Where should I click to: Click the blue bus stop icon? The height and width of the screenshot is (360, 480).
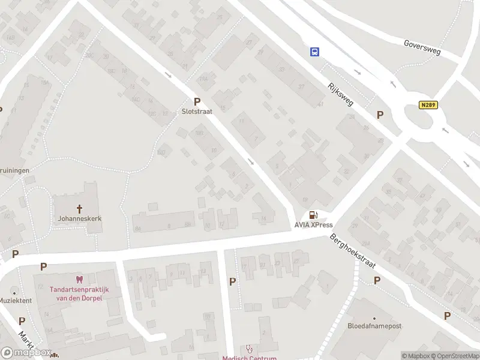click(314, 52)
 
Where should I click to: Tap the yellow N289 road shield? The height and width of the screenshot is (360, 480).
click(428, 104)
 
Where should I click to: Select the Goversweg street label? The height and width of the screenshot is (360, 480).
click(422, 48)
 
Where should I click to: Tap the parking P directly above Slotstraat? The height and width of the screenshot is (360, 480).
click(196, 102)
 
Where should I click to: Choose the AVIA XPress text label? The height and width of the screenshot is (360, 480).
click(313, 225)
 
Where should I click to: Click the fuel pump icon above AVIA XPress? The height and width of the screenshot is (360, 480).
click(313, 215)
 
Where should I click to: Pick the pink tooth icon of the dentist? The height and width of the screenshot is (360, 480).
click(78, 279)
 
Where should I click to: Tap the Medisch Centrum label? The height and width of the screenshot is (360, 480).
click(250, 358)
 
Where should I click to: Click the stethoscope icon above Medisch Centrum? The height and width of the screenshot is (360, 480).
click(250, 349)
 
